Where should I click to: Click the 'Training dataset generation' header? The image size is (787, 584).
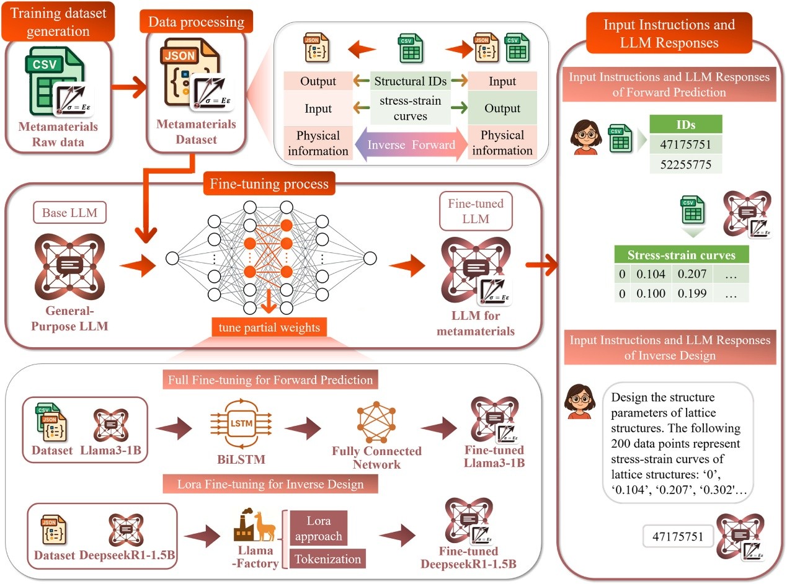click(x=58, y=22)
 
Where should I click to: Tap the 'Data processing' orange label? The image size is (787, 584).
click(x=196, y=22)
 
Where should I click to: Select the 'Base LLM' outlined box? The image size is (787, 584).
click(x=69, y=213)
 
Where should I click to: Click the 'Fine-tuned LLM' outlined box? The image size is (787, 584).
click(x=476, y=211)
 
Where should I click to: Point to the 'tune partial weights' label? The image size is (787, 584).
click(x=269, y=327)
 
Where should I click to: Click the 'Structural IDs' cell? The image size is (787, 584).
click(x=410, y=81)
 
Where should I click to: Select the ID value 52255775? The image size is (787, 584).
click(x=685, y=165)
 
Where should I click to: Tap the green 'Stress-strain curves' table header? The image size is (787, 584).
click(x=682, y=255)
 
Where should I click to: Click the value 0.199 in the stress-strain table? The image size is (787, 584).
click(x=691, y=293)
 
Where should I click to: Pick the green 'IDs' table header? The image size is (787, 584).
click(x=685, y=125)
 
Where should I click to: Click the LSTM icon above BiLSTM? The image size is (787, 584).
click(x=241, y=423)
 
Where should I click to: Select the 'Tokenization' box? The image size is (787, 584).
click(x=327, y=559)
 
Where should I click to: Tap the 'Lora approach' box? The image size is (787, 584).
click(x=318, y=528)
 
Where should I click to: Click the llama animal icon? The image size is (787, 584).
click(x=264, y=526)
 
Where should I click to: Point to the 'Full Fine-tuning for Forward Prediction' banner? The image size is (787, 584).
click(x=270, y=379)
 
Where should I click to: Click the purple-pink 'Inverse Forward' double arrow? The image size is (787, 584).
click(x=411, y=144)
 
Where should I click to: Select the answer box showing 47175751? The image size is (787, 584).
click(x=678, y=536)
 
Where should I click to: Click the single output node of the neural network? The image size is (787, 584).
click(x=370, y=259)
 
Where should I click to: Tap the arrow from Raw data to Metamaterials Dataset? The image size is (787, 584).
click(x=129, y=87)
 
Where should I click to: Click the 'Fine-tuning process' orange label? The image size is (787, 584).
click(x=269, y=184)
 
